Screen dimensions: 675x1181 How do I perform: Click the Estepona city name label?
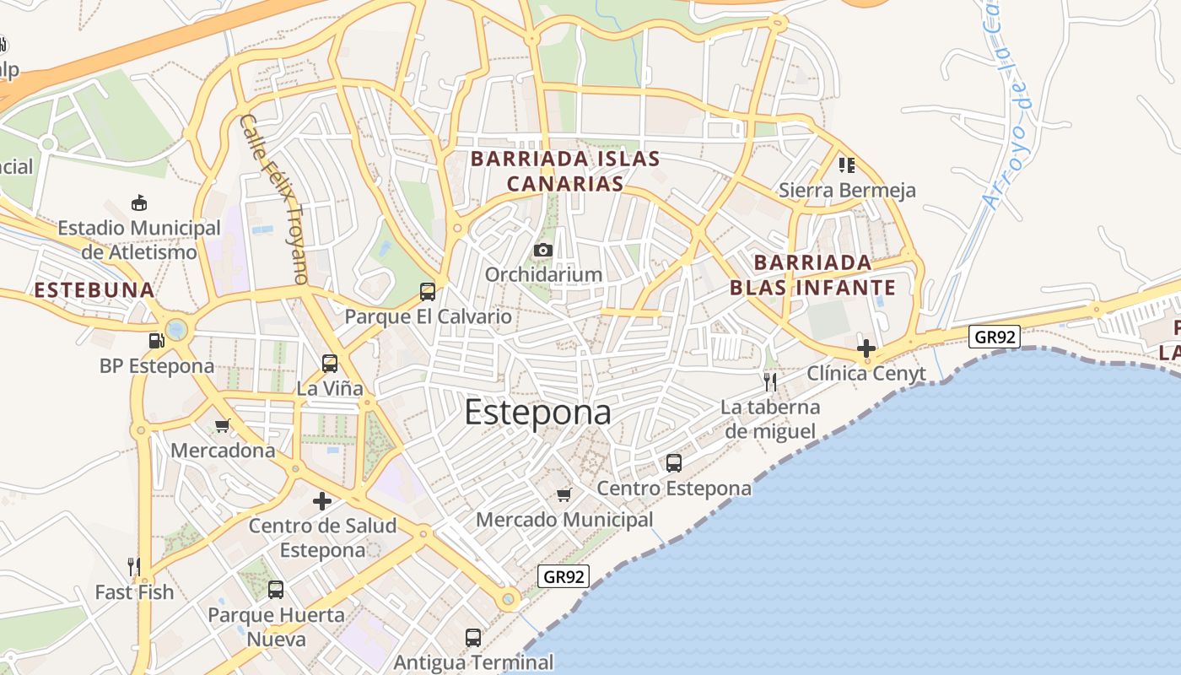[537, 413]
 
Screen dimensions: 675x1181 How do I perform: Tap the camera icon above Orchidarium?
[543, 251]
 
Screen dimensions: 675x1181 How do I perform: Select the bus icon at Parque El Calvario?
[428, 292]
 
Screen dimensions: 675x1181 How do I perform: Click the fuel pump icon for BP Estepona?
[156, 341]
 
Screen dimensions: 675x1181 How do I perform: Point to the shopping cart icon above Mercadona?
[223, 425]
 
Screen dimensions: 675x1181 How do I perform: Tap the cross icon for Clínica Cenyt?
[866, 348]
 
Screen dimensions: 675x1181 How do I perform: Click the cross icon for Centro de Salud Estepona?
[321, 501]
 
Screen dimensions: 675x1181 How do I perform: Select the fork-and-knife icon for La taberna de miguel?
[769, 382]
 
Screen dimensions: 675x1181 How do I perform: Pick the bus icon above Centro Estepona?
[673, 463]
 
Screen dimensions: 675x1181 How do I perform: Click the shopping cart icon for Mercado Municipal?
[564, 494]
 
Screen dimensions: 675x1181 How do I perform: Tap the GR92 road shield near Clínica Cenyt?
[995, 337]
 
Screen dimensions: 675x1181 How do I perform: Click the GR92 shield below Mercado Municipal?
[564, 576]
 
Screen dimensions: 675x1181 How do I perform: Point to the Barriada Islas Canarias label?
[565, 171]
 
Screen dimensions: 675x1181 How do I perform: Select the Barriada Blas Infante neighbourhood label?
[812, 275]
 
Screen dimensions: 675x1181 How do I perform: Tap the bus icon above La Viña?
[329, 364]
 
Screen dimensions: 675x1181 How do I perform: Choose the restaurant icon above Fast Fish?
[133, 566]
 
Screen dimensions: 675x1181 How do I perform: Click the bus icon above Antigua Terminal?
[473, 638]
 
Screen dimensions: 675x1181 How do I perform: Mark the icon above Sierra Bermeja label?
[846, 165]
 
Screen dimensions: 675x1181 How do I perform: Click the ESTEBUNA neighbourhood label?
[94, 290]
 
